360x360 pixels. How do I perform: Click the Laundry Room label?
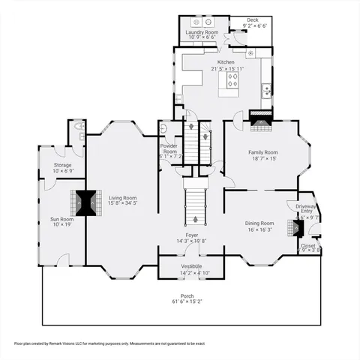(202, 32)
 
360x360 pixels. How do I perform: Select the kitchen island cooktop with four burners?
(232, 79)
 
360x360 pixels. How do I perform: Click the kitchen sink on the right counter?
(265, 91)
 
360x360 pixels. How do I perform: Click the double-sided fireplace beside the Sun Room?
(87, 202)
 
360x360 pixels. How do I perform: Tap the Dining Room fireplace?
(293, 223)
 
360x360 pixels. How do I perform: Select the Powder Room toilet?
(163, 129)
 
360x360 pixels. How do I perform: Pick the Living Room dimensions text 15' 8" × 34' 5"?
(123, 202)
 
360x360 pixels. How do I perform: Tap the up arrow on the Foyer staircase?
(196, 220)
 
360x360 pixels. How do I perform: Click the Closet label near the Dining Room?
(308, 245)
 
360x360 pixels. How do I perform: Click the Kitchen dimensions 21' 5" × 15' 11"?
(226, 68)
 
